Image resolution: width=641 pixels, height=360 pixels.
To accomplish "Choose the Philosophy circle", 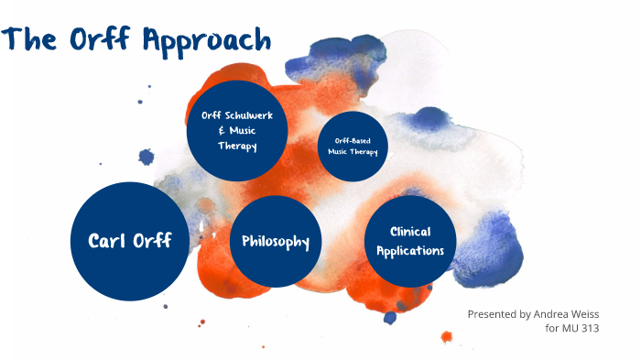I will pos(275,241).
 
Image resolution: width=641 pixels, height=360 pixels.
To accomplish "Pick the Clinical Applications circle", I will pos(410,240).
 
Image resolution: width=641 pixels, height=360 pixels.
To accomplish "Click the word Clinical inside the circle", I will pos(410,232).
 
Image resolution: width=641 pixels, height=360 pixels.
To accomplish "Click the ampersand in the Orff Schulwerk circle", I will pos(223,130).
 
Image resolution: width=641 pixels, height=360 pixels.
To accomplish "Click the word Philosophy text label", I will pos(275,241).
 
